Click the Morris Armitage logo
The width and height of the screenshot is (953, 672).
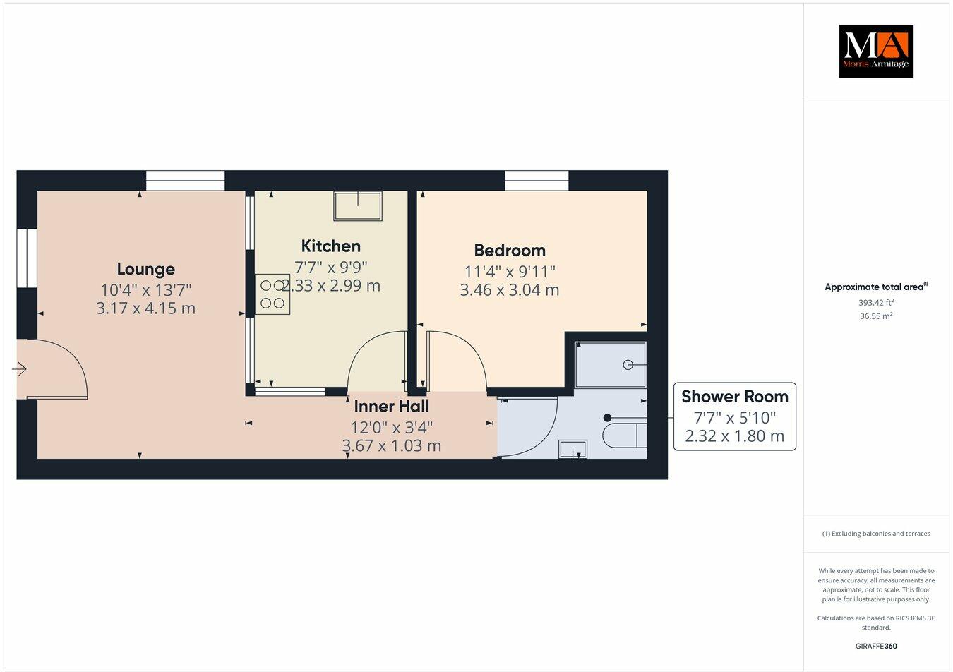[875, 52]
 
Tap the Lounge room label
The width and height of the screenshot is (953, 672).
[145, 269]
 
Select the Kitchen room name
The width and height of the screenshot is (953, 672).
[330, 246]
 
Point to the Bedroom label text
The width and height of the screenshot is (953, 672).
[510, 250]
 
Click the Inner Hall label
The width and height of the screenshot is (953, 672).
[391, 406]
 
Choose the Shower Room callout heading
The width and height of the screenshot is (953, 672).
[734, 397]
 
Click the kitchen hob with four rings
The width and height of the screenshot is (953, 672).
[272, 294]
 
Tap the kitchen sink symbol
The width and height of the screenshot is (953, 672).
[358, 205]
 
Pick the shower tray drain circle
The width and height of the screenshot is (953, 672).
[628, 365]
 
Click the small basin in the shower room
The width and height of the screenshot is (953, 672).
[573, 449]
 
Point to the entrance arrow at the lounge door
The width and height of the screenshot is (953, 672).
[20, 368]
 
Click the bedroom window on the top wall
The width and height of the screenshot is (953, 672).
[537, 181]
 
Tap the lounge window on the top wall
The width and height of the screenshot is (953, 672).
[185, 181]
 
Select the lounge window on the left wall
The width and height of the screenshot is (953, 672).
[27, 258]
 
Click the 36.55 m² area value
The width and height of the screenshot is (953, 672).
[875, 316]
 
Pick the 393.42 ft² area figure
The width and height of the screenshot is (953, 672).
[876, 302]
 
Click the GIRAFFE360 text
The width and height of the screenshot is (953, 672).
[875, 645]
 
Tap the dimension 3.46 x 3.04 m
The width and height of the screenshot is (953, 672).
[510, 289]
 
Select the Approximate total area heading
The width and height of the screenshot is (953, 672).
[875, 287]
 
